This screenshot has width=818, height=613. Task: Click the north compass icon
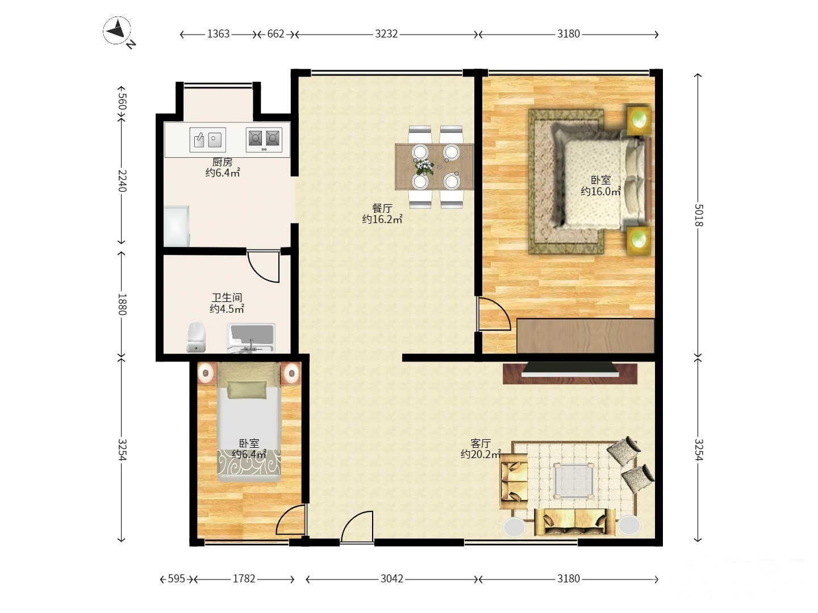point(118,31)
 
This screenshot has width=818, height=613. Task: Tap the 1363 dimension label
point(218,34)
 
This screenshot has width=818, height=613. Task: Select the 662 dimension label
point(276,34)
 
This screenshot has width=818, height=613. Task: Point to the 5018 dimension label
point(698,215)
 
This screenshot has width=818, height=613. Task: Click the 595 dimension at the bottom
point(176,578)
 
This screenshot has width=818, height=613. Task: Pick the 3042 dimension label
point(391,578)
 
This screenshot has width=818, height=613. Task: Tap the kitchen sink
point(207,140)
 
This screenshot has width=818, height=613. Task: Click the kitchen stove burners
point(264,140)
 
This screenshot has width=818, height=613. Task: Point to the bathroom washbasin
point(251,338)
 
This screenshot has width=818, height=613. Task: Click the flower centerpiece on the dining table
point(424,167)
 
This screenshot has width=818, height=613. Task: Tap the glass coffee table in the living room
point(574,480)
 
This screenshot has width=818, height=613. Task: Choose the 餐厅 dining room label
point(382,208)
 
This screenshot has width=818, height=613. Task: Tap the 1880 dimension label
point(122,304)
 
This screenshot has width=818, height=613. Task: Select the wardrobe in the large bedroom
point(586,335)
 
